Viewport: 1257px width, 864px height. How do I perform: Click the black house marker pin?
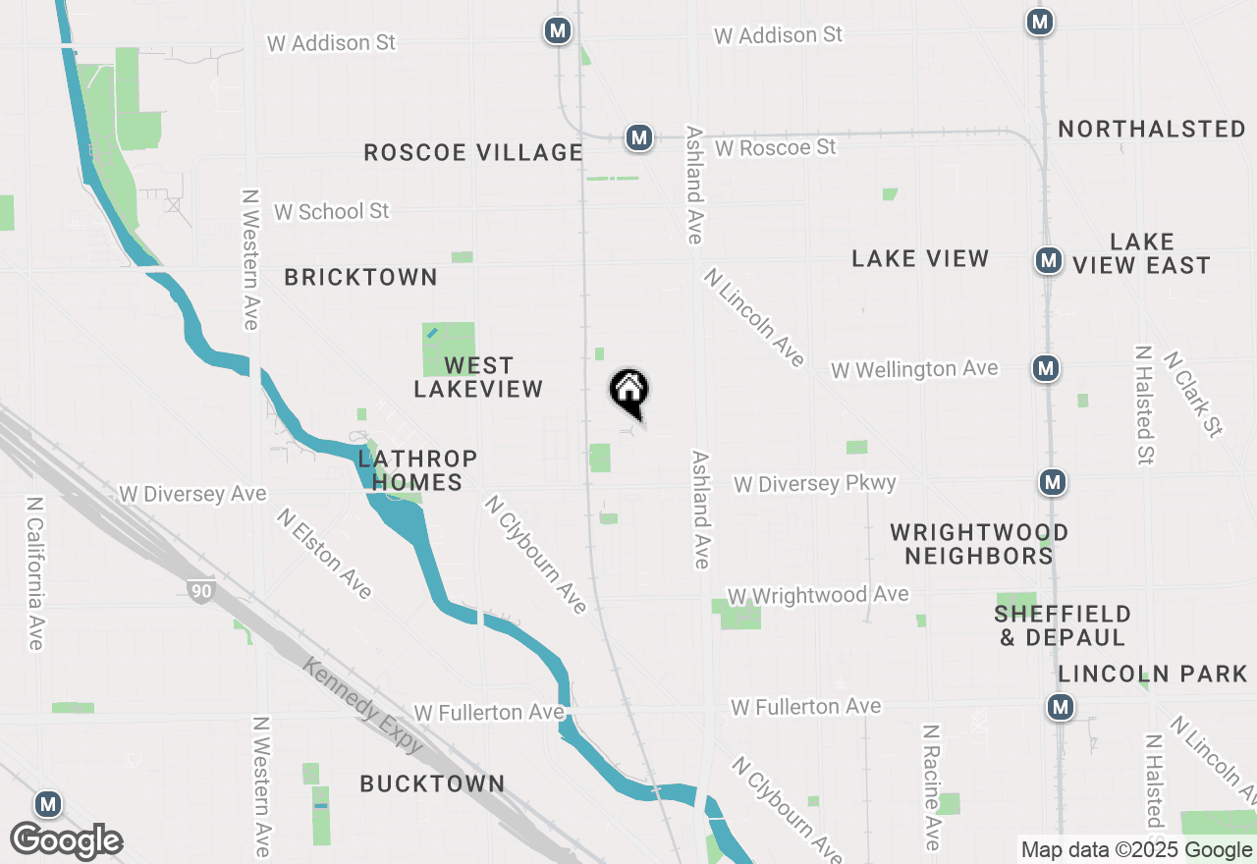(x=629, y=392)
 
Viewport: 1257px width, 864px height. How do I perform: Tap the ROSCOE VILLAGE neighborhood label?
(x=473, y=152)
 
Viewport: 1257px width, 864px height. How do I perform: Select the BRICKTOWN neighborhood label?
(x=360, y=278)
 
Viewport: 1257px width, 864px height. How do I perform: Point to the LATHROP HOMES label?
(x=417, y=470)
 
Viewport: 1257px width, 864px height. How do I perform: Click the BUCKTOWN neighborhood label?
(x=432, y=783)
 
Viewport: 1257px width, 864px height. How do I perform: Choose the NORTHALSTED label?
(x=1152, y=130)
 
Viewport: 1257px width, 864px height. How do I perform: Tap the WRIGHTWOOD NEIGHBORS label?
(x=978, y=544)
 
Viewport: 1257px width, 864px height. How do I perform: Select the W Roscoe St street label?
(x=775, y=147)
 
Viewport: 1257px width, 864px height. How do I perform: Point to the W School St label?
(x=331, y=211)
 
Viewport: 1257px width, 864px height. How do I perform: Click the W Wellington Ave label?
(x=914, y=369)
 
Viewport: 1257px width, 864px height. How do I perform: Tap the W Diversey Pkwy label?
(x=814, y=483)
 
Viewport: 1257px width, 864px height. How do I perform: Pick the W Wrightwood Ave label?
(x=817, y=595)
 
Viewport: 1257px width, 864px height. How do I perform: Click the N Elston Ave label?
(x=324, y=553)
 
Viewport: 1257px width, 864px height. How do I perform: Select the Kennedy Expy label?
(x=363, y=704)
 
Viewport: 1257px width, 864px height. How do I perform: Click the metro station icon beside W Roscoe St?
(x=639, y=137)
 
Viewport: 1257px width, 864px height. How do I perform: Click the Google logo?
(x=66, y=840)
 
